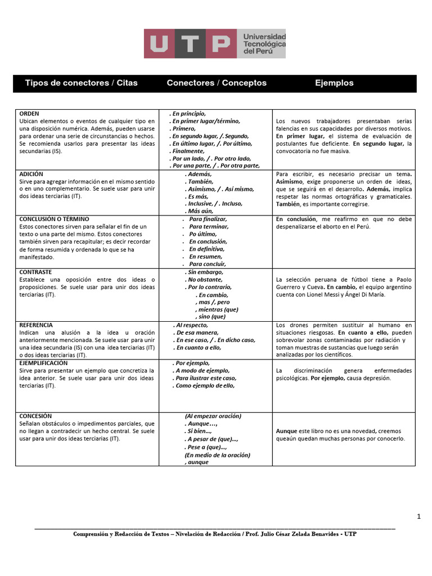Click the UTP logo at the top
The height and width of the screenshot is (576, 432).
[x=214, y=44]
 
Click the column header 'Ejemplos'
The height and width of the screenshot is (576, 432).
[x=334, y=83]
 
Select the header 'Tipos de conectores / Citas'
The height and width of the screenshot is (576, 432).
[x=81, y=83]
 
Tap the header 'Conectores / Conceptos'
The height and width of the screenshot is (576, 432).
[x=217, y=83]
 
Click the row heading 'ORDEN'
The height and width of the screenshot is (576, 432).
[x=29, y=114]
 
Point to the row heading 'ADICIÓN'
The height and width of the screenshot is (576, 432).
[x=31, y=174]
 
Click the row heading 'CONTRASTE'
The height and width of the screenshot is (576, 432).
[x=35, y=272]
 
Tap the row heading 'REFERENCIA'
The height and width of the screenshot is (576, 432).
[x=36, y=325]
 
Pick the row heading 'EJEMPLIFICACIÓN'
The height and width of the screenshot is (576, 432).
[x=43, y=363]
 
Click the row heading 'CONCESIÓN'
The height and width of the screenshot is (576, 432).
[x=35, y=416]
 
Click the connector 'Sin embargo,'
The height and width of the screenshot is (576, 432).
[x=205, y=272]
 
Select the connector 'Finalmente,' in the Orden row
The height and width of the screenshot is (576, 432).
[x=189, y=151]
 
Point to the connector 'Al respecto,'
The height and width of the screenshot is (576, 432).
[x=192, y=325]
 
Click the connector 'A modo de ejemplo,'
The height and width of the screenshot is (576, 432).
[x=202, y=371]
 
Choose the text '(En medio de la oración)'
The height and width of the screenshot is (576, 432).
[x=217, y=455]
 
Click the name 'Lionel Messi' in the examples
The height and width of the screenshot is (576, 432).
[x=325, y=295]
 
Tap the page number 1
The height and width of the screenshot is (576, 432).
[x=418, y=516]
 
